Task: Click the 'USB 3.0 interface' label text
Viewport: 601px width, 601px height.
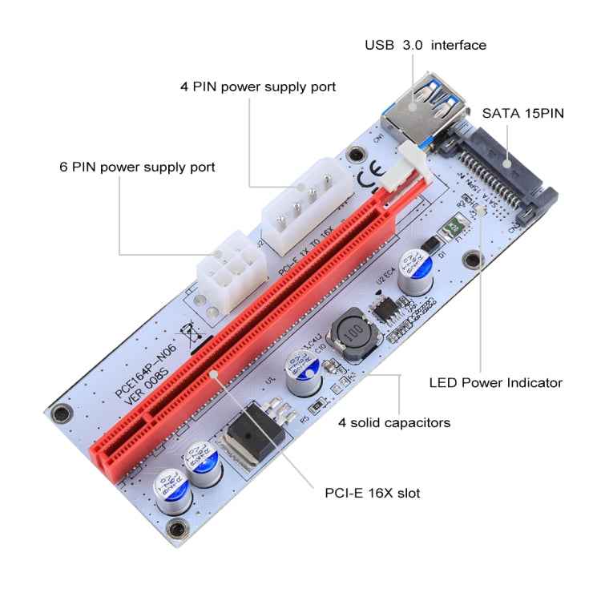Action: click(x=426, y=46)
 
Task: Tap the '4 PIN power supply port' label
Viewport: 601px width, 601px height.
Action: click(x=257, y=86)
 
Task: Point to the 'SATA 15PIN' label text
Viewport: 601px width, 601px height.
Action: click(x=522, y=114)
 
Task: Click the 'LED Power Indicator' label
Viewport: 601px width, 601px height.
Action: click(x=495, y=383)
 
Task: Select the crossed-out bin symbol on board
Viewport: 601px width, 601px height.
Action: click(x=189, y=331)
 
